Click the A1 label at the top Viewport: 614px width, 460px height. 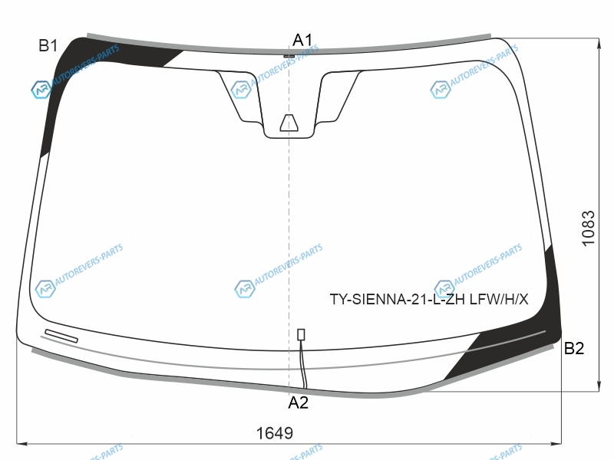click(x=302, y=40)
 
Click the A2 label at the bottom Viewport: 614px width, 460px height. click(x=298, y=402)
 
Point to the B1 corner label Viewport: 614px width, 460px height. click(x=48, y=46)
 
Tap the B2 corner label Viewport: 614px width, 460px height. click(x=573, y=348)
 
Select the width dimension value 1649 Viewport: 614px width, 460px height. click(x=275, y=433)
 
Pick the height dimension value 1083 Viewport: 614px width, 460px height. click(x=589, y=228)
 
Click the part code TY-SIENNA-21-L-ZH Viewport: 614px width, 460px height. click(x=398, y=300)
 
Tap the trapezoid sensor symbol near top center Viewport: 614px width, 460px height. click(x=289, y=123)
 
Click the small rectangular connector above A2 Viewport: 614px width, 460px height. click(x=301, y=334)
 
